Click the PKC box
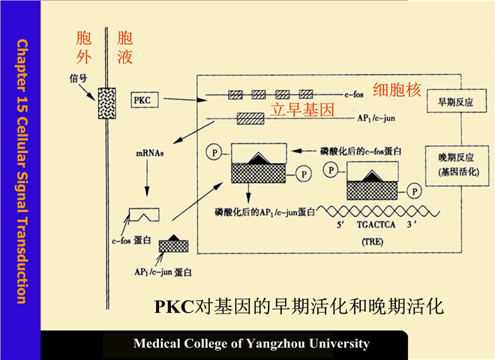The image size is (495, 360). (143, 99)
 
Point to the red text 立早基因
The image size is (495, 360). (301, 109)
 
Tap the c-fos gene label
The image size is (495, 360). (354, 95)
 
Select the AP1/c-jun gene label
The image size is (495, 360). (376, 118)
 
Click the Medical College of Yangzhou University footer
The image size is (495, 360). (251, 343)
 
